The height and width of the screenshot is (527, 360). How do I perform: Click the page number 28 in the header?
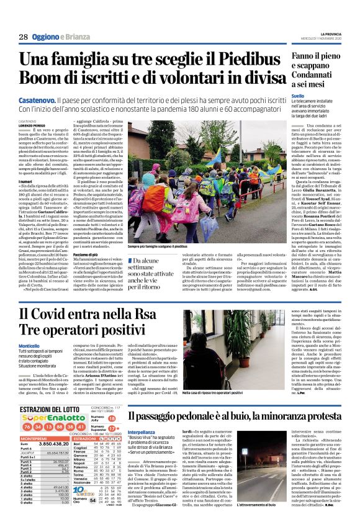pyautogui.click(x=23, y=37)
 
